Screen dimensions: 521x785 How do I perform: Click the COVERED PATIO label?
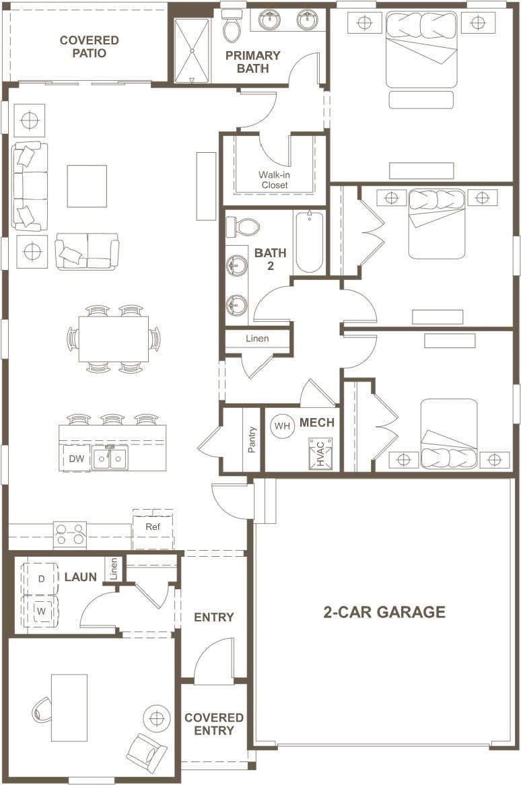click(x=89, y=46)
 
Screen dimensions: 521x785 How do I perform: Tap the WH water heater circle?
click(x=282, y=426)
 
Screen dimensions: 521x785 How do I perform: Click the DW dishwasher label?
click(x=77, y=458)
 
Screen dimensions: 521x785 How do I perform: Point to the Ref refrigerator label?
click(x=153, y=526)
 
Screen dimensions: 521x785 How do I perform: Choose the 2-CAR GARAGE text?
click(x=384, y=612)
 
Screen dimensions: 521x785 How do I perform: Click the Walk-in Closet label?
click(x=274, y=180)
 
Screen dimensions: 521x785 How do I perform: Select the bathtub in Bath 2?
click(x=309, y=243)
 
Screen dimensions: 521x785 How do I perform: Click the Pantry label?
click(x=252, y=440)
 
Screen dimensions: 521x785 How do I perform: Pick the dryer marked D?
click(x=41, y=579)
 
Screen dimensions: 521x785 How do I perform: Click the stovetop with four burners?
click(x=70, y=535)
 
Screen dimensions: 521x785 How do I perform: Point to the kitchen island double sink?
click(x=110, y=458)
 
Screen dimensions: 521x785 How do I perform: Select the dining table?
click(x=114, y=339)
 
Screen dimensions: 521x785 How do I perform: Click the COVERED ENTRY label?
click(x=213, y=724)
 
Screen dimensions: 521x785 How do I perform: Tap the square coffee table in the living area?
click(x=87, y=186)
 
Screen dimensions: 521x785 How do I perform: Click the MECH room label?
click(x=317, y=423)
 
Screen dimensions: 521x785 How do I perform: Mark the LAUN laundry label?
click(x=81, y=577)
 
